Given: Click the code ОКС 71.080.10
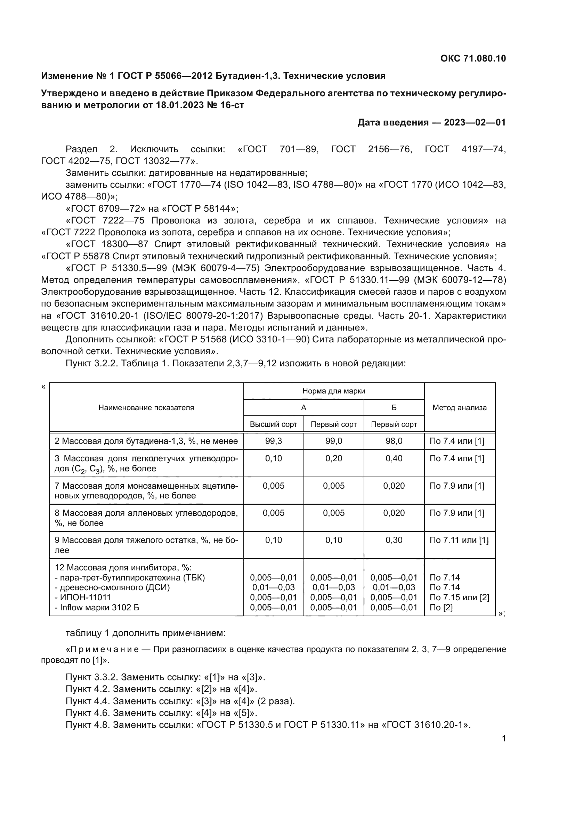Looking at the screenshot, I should [x=473, y=58].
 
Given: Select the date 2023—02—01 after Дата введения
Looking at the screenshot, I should [x=475, y=122].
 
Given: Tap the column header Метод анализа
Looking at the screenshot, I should [x=459, y=408].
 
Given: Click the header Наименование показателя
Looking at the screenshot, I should [x=146, y=408].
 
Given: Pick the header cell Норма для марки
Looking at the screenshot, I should [x=333, y=391].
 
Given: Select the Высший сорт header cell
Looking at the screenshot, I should [x=273, y=424].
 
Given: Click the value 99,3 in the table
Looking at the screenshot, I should [x=273, y=441].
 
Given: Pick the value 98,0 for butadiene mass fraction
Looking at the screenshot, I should [x=394, y=441].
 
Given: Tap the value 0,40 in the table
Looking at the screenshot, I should [x=394, y=458].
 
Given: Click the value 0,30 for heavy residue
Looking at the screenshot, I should [x=394, y=540].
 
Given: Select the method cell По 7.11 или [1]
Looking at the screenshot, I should [x=459, y=540].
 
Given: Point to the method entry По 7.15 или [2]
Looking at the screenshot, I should [x=459, y=598].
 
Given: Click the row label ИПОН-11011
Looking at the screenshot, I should [x=83, y=598].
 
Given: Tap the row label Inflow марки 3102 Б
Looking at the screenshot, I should [x=97, y=608].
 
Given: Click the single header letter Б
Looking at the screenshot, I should [x=394, y=408].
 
